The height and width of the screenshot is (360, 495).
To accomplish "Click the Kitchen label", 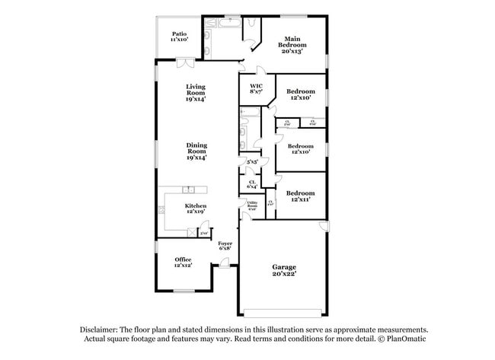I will (196, 206).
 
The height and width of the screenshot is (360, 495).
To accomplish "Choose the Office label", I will (182, 260).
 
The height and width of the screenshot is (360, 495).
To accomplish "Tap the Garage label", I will (285, 266).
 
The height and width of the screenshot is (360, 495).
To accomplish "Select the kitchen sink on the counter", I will (187, 189).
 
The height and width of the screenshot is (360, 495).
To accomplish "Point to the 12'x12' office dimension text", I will (182, 266).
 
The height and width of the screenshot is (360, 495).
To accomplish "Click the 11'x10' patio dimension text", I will (180, 40).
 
